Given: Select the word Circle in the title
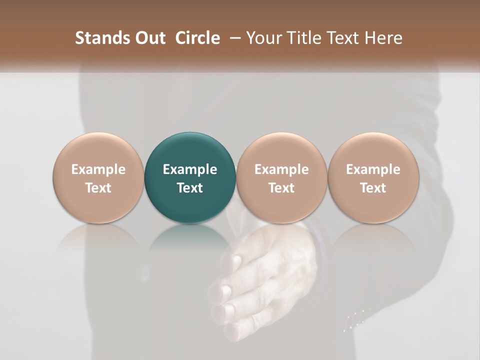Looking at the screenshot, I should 197,38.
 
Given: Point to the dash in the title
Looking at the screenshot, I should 233,38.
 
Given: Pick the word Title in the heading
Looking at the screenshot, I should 302,38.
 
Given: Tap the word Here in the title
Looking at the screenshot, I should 383,38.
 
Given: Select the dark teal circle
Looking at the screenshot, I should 190,177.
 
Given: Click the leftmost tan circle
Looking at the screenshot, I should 98,177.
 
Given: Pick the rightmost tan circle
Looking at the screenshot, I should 373,177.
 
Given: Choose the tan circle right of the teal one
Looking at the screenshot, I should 281,177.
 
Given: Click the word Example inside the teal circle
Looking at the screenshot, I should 190,169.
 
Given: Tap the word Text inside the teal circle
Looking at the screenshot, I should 190,188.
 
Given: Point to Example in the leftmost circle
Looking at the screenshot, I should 98,169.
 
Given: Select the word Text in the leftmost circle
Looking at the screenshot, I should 98,188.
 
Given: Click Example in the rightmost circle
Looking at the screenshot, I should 373,169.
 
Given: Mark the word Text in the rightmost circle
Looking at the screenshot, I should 373,188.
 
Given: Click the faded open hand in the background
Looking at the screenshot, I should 260,280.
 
